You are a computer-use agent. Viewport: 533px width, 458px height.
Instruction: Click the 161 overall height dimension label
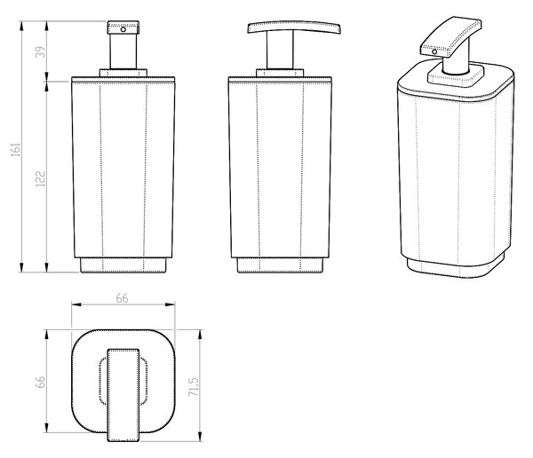[16, 149]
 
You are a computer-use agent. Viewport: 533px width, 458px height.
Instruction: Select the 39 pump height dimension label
[40, 52]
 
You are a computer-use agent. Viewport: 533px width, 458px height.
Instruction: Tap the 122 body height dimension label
[40, 178]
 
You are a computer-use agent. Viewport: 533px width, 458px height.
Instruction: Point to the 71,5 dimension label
[193, 387]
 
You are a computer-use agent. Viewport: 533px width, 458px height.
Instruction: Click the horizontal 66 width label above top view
[122, 298]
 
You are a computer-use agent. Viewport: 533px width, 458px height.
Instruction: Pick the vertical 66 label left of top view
[40, 382]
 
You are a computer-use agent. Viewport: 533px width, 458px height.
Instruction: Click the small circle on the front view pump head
[123, 29]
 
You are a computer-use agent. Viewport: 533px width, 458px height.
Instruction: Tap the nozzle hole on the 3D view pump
[434, 51]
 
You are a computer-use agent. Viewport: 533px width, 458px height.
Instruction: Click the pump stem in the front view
[123, 51]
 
